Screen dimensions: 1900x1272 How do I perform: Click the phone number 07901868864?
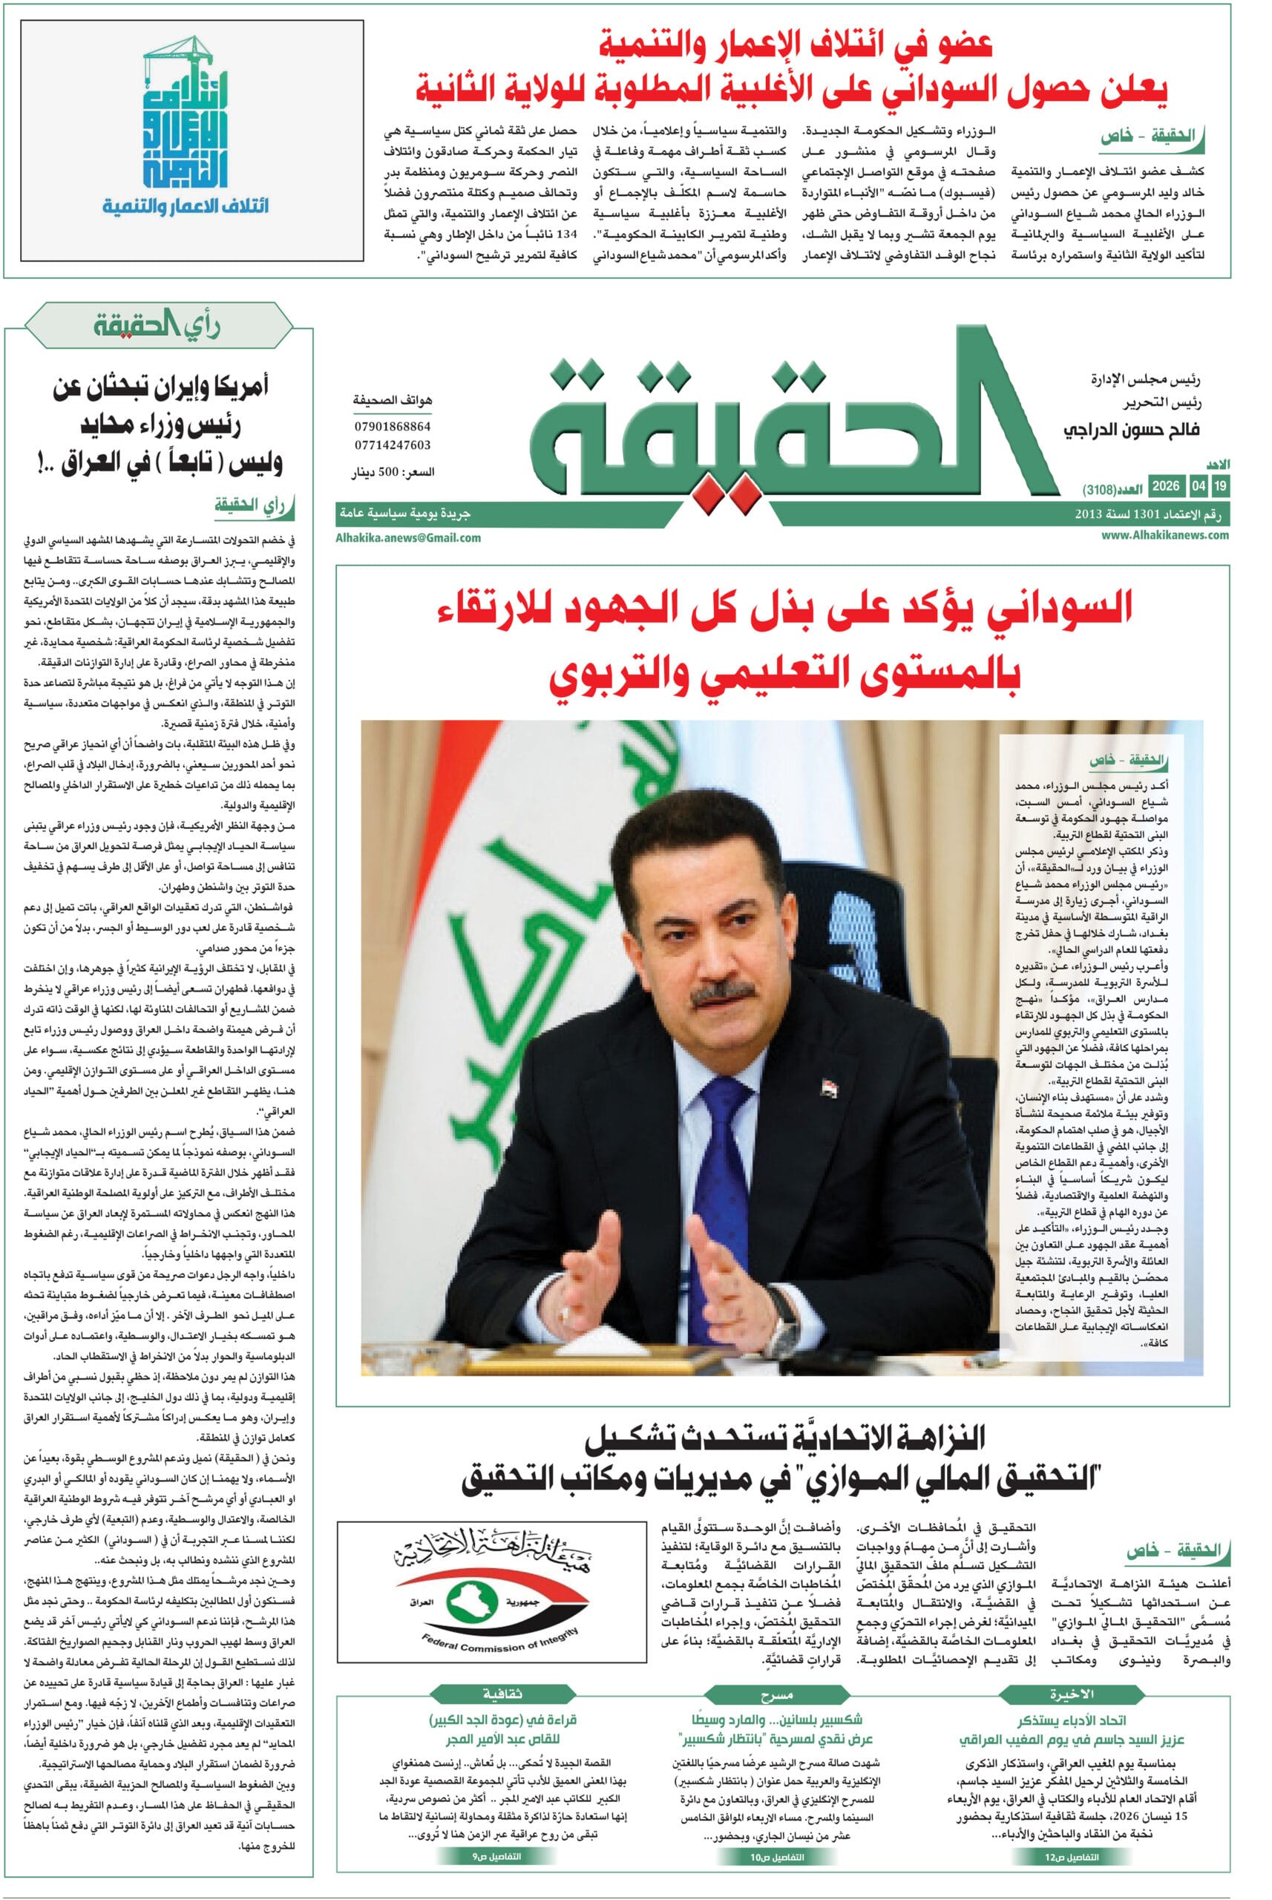click(392, 426)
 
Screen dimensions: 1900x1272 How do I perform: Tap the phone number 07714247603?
click(392, 445)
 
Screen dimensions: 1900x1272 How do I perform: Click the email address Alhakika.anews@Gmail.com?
click(408, 537)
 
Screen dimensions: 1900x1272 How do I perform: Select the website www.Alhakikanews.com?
click(1165, 534)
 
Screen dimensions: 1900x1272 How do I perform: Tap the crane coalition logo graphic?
click(185, 114)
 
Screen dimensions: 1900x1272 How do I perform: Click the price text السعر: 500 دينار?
click(393, 472)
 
